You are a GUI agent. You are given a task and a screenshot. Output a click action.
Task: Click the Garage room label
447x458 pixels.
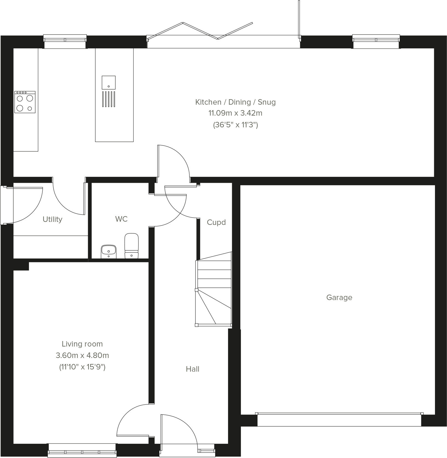tap(339, 297)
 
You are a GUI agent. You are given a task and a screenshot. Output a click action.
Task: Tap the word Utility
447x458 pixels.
tap(52, 219)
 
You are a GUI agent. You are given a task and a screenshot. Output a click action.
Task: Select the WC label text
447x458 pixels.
tap(121, 219)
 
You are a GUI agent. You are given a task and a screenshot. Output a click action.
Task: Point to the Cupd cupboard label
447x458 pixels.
tap(216, 222)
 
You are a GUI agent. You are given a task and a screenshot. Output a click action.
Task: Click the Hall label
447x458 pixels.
tap(192, 369)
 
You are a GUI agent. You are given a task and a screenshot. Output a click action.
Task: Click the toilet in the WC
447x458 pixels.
tap(132, 246)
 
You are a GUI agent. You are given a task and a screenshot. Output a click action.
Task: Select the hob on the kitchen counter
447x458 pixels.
tap(25, 102)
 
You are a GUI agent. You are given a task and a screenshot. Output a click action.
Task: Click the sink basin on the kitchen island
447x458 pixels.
tap(109, 82)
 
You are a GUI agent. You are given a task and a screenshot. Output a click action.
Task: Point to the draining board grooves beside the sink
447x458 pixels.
tap(109, 99)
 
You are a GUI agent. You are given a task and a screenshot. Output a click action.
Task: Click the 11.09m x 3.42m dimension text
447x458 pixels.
tap(235, 113)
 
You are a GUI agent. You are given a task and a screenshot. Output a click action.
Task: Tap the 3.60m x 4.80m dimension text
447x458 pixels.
tap(82, 355)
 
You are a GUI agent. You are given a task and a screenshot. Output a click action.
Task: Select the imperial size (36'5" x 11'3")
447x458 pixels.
tap(235, 125)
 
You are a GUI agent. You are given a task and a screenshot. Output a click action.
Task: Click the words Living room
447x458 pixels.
tap(82, 344)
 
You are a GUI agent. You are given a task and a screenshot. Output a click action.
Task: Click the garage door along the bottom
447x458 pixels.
tap(339, 420)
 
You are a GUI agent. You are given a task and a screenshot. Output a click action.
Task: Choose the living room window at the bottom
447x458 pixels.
tap(82, 450)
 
